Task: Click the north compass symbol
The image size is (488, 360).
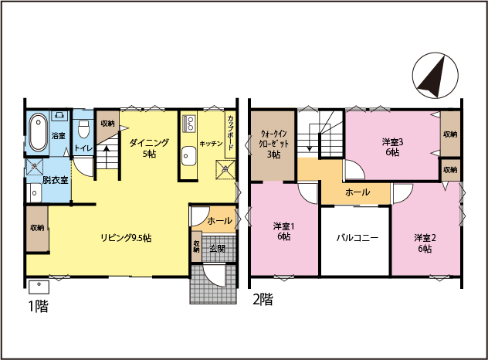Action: pyautogui.click(x=435, y=76)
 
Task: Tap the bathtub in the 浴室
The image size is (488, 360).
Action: pyautogui.click(x=39, y=132)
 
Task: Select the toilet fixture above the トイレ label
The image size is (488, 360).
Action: pyautogui.click(x=83, y=128)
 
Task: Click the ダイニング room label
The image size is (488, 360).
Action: pyautogui.click(x=149, y=143)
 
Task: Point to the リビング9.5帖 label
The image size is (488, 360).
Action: pyautogui.click(x=126, y=238)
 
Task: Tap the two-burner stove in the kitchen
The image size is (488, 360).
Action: pyautogui.click(x=189, y=123)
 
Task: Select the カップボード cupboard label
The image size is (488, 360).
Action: pyautogui.click(x=231, y=133)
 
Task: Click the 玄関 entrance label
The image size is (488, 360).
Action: pyautogui.click(x=217, y=249)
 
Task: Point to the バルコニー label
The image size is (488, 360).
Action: pyautogui.click(x=358, y=238)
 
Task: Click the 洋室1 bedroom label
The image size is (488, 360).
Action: pyautogui.click(x=283, y=226)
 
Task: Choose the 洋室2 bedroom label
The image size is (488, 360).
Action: pyautogui.click(x=425, y=238)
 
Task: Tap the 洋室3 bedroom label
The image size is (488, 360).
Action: pyautogui.click(x=392, y=142)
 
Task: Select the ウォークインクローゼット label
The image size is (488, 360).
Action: pyautogui.click(x=273, y=139)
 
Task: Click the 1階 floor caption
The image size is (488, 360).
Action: pyautogui.click(x=39, y=307)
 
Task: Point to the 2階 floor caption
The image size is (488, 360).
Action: pyautogui.click(x=263, y=299)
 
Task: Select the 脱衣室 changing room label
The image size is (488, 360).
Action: pyautogui.click(x=55, y=180)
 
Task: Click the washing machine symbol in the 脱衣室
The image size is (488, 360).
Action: pyautogui.click(x=34, y=167)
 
